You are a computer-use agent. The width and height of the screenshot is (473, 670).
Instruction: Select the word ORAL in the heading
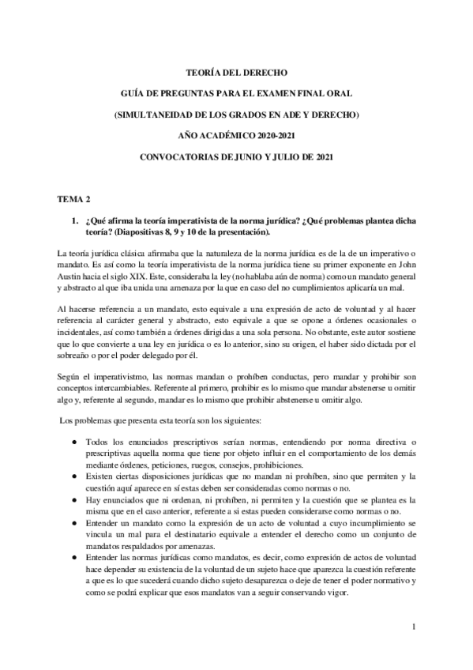coord(330,92)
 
